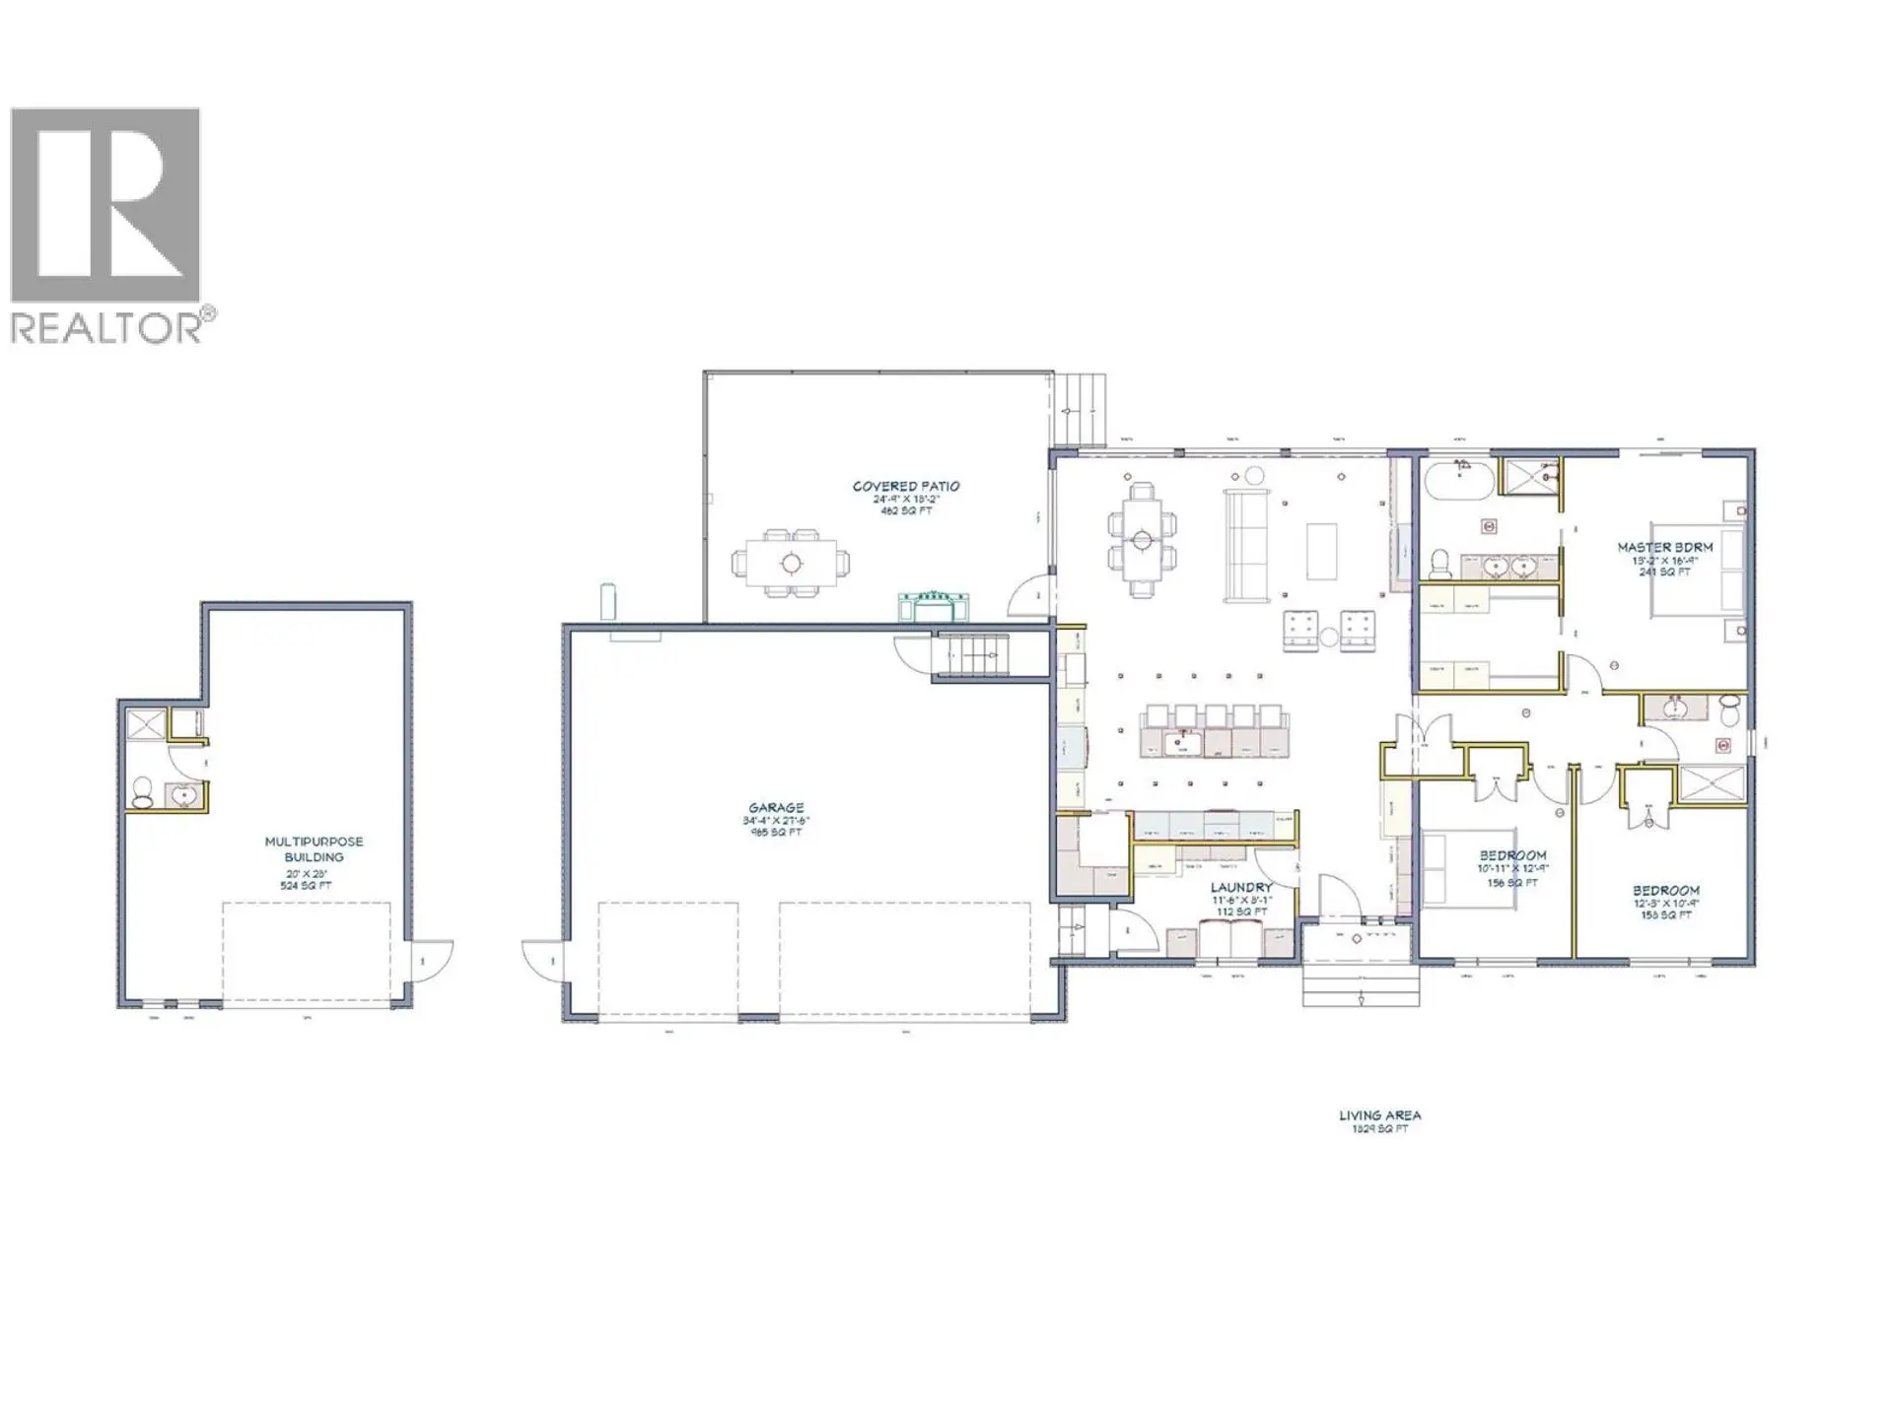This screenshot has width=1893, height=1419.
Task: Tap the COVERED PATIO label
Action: [x=905, y=487]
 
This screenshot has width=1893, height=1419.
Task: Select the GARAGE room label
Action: [x=776, y=808]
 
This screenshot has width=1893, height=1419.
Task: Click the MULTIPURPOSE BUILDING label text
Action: [x=314, y=849]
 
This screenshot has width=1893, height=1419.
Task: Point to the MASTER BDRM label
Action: [x=1664, y=547]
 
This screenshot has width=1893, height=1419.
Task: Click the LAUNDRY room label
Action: [x=1241, y=888]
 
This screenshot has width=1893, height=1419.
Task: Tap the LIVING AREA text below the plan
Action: [x=1379, y=1115]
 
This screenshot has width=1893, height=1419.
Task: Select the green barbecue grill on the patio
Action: [x=933, y=605]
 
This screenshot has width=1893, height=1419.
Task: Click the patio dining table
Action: [x=791, y=564]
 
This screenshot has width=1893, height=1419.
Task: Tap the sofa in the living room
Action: [x=1247, y=545]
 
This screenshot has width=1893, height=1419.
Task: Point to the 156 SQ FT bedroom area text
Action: [x=1511, y=883]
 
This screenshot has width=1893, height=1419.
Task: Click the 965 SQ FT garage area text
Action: [x=776, y=833]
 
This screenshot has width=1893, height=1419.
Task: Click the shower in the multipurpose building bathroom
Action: [x=146, y=724]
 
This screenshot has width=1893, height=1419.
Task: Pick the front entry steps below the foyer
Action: [x=1361, y=982]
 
